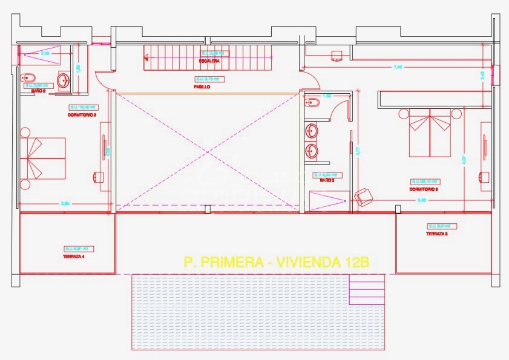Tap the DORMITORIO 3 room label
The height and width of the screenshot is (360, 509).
pyautogui.click(x=423, y=189)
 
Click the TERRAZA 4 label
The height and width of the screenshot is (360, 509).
pyautogui.click(x=74, y=257)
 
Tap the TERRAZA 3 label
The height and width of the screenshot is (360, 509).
pyautogui.click(x=436, y=234)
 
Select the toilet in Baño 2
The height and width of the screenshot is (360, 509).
pyautogui.click(x=28, y=78)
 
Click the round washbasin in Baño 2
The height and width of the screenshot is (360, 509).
pyautogui.click(x=64, y=79)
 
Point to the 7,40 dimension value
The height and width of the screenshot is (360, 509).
pyautogui.click(x=397, y=67)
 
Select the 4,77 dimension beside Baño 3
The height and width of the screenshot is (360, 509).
pyautogui.click(x=358, y=151)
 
